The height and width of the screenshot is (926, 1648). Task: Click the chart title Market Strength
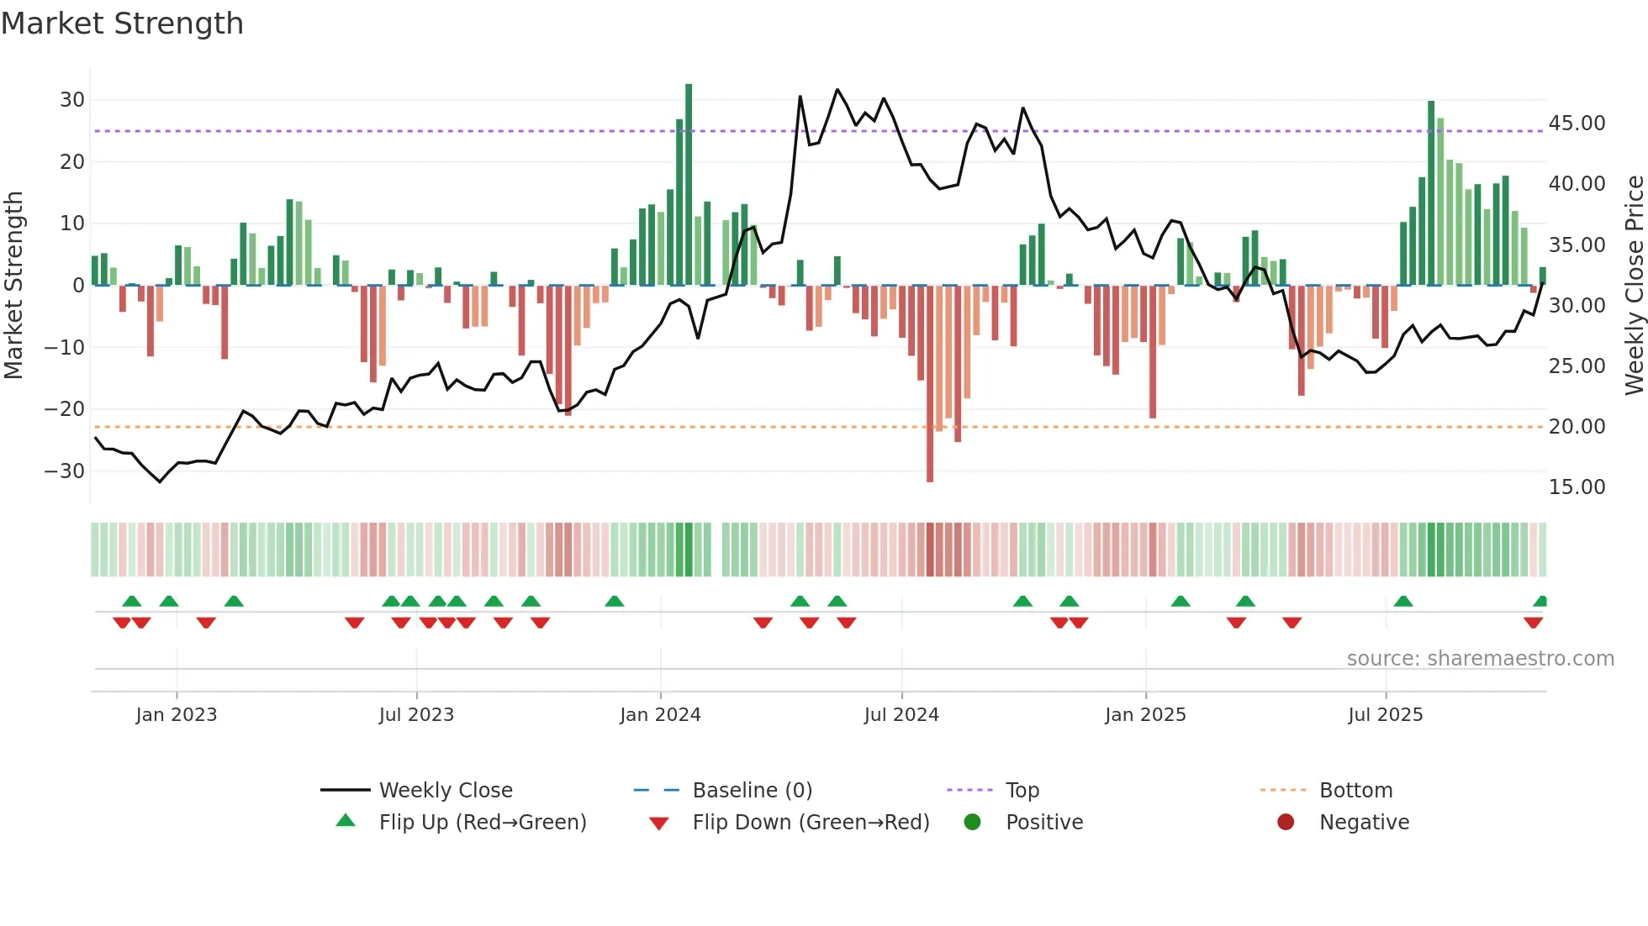(122, 24)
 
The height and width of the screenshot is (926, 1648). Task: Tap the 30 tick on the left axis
(72, 100)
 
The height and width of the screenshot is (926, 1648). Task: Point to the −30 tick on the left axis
(65, 471)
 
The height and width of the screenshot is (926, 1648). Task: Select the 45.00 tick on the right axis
(1577, 124)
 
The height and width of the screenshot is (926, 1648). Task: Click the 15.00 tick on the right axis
(1577, 487)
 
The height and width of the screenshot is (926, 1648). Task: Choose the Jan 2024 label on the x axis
(660, 715)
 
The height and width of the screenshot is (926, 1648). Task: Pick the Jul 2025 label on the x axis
(1385, 715)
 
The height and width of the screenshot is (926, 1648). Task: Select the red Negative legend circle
(1286, 823)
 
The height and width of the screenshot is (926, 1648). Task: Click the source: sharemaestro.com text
(1480, 659)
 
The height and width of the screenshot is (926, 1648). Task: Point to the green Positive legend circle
(973, 823)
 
